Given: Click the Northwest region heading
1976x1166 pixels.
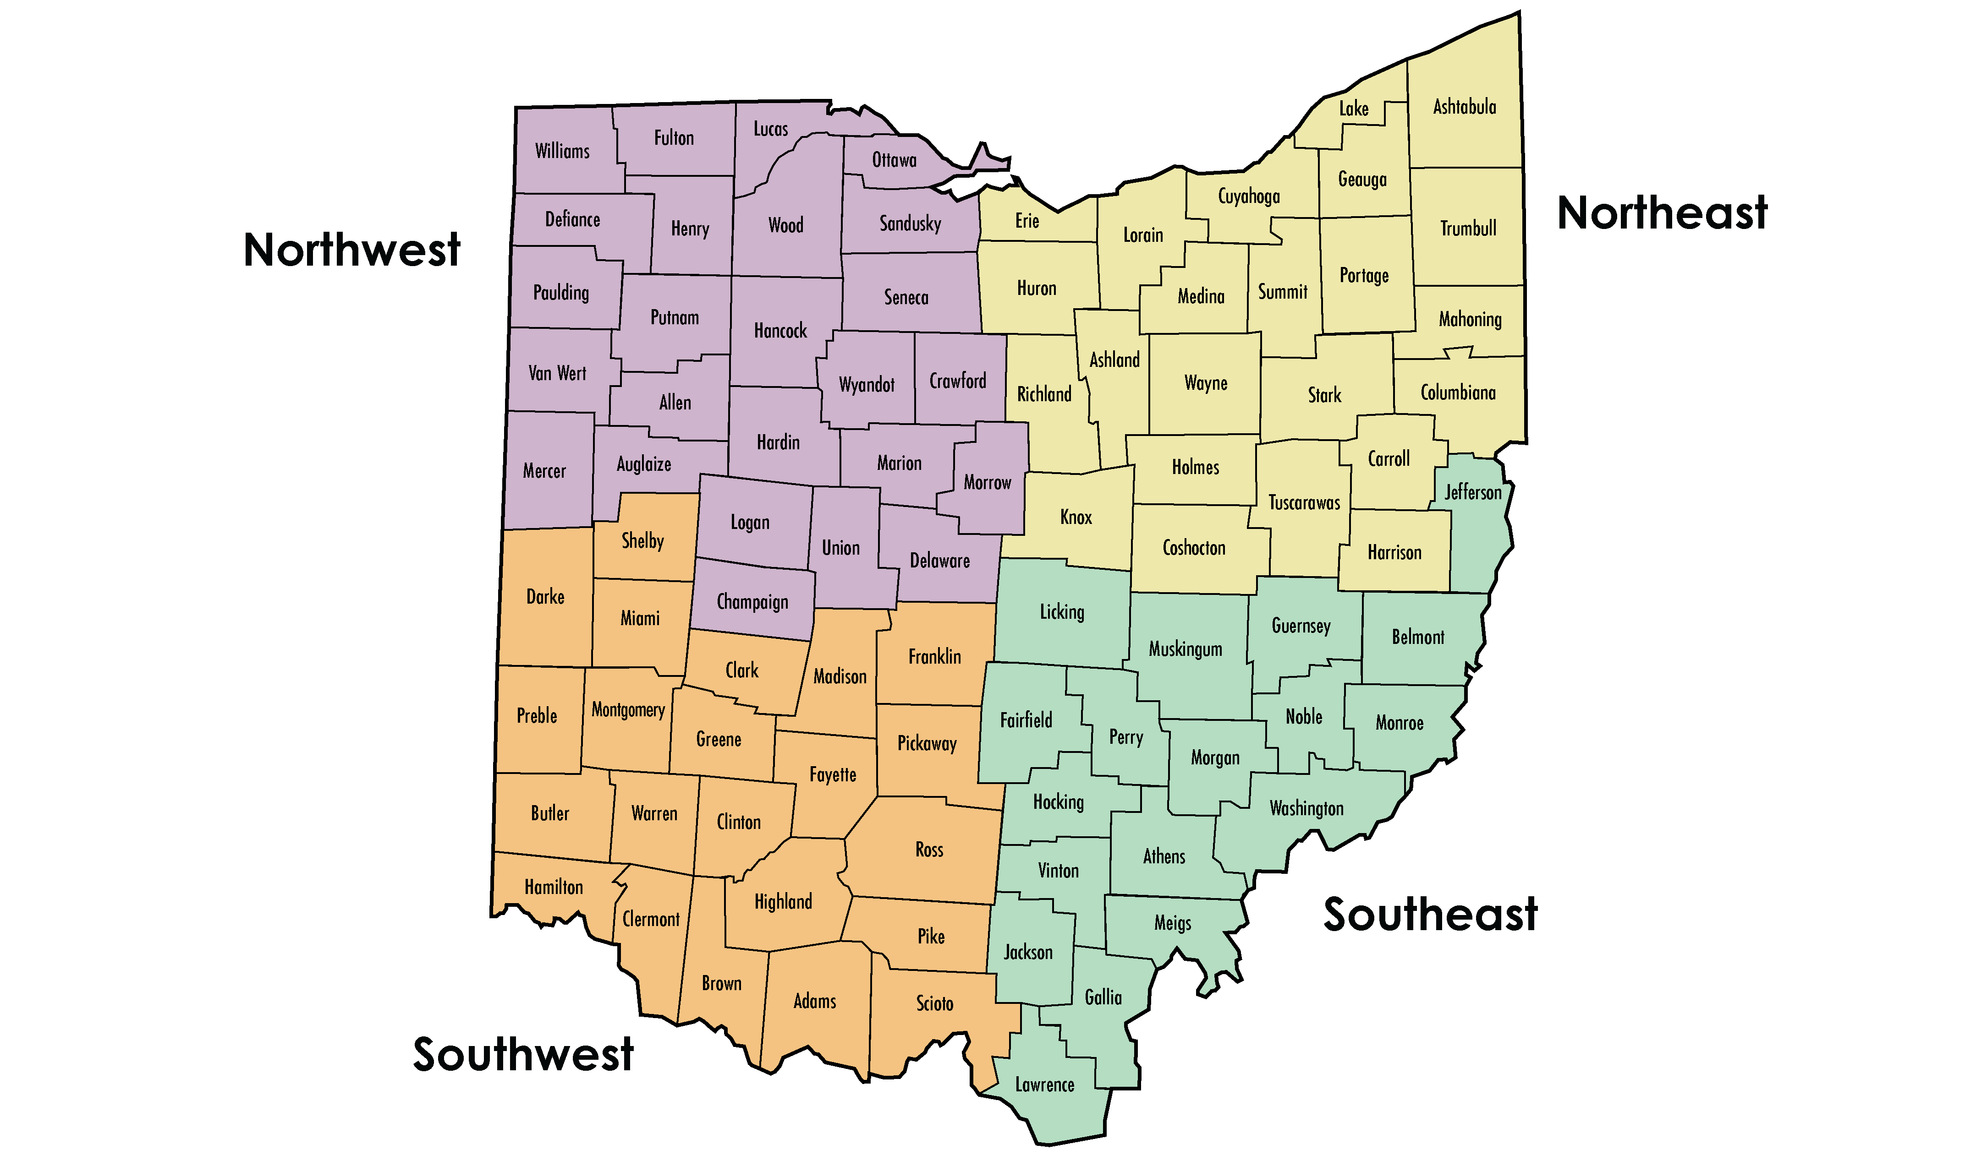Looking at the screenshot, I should point(351,250).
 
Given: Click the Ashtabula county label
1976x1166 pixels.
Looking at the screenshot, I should point(1464,107).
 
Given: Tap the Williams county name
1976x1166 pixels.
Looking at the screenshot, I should point(562,151).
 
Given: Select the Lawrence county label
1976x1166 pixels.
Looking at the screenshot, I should point(1044,1085).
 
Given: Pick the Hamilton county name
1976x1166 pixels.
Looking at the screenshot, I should point(553,887).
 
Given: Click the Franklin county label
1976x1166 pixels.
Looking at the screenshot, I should point(934,657).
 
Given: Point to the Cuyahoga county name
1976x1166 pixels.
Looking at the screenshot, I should point(1248,196).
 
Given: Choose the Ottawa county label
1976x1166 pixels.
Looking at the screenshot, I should point(894,160).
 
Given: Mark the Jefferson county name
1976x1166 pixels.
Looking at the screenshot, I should point(1472,493).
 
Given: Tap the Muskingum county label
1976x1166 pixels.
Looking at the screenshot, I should point(1186,649).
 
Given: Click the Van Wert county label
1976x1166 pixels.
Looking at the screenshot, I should point(557,373).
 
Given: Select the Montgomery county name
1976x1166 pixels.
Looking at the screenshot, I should point(628,710).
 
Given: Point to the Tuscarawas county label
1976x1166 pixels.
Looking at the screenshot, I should point(1304,503).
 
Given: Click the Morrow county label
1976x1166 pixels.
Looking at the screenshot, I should point(987,482).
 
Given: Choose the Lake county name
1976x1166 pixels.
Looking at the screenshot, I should point(1354,109).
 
